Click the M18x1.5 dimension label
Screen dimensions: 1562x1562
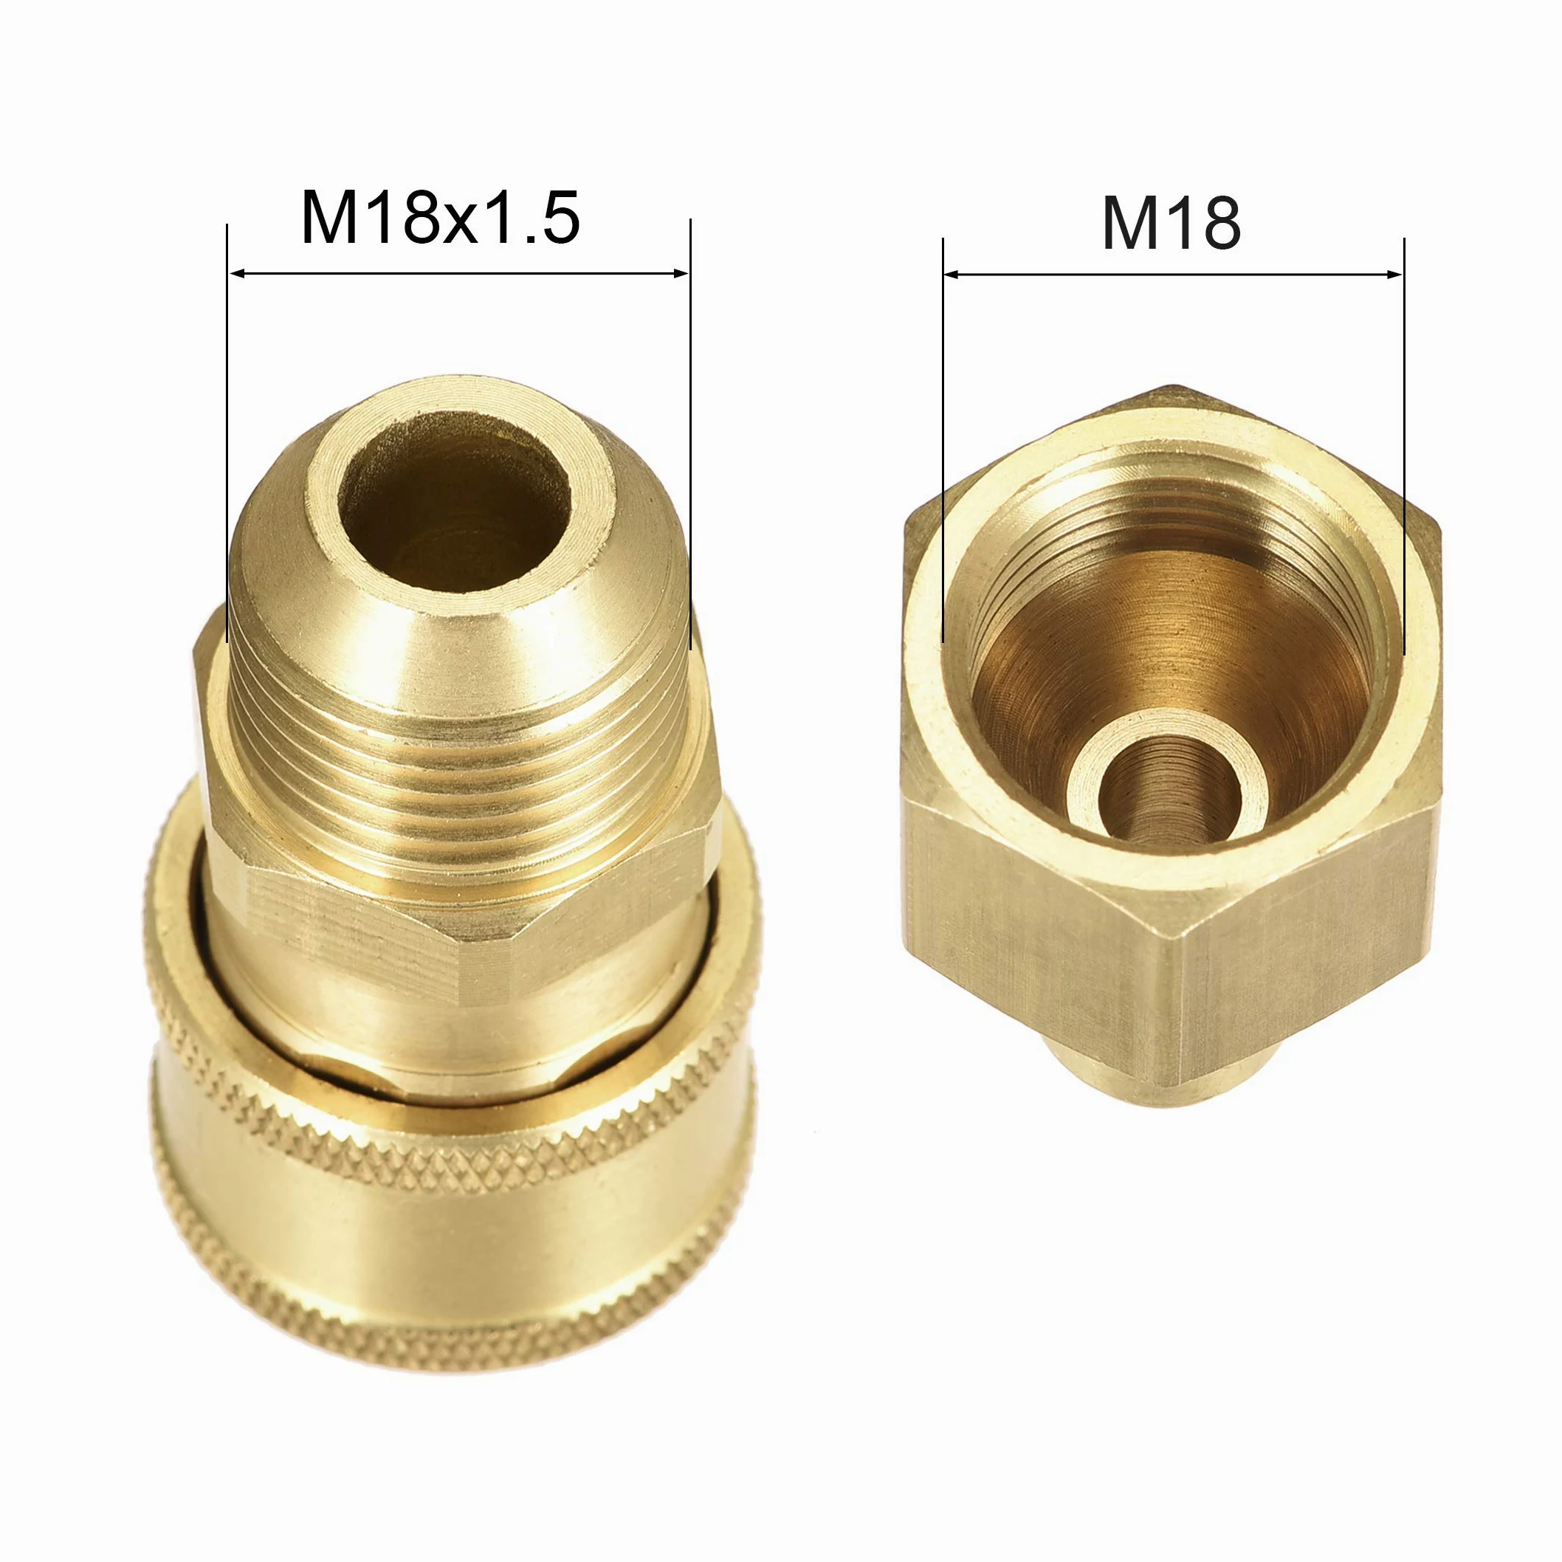coord(440,218)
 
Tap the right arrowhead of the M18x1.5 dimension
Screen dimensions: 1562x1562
coord(679,273)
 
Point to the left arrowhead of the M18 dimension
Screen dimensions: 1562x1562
coord(952,275)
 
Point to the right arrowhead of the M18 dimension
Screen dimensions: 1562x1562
coord(1394,275)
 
